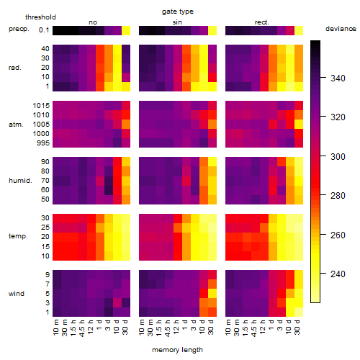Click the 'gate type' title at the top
coord(178,12)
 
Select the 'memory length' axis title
coord(177,350)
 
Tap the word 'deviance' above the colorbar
coord(341,29)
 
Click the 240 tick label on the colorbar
coord(338,274)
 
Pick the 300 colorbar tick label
coord(338,156)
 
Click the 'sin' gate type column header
coord(177,22)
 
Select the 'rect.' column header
coord(261,22)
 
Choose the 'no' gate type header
coord(93,22)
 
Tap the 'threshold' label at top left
coord(40,17)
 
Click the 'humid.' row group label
coord(20,180)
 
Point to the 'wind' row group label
coord(17,294)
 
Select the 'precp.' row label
coord(19,29)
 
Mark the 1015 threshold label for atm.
coord(41,105)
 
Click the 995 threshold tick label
coord(43,143)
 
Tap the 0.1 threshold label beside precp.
coord(44,30)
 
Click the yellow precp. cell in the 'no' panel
coord(126,30)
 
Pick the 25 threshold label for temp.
coord(45,227)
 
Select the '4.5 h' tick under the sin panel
coord(167,328)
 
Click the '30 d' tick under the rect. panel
coord(297,328)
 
